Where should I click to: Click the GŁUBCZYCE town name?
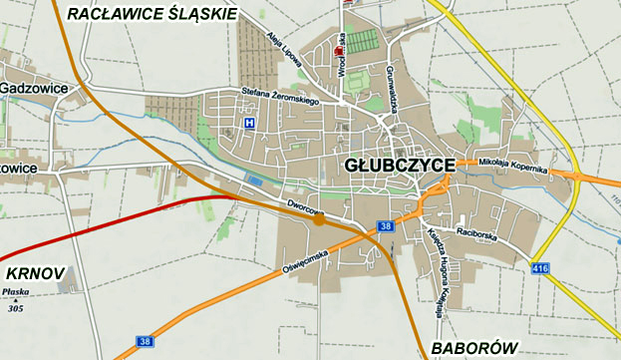pos(401,165)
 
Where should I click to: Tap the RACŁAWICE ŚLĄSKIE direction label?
pos(152,14)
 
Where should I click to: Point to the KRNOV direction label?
pos(35,272)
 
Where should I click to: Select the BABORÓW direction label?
pos(475,347)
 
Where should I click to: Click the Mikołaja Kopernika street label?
pos(513,165)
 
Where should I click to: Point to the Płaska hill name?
pos(16,292)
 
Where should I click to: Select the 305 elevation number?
pos(16,308)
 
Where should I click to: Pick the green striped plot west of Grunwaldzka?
pos(364,41)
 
